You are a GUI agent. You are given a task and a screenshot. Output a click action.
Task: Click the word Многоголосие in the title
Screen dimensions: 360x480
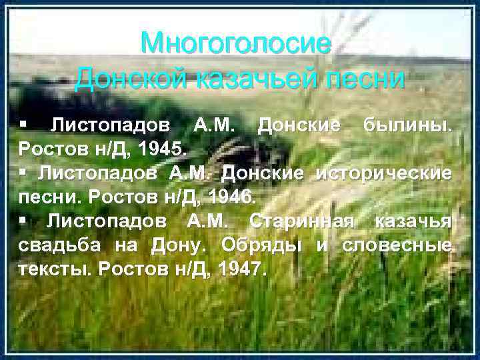coord(235,44)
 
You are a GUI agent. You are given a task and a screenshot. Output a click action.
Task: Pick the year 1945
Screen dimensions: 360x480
coord(163,147)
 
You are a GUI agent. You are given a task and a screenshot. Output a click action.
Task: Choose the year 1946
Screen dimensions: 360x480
coord(228,197)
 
